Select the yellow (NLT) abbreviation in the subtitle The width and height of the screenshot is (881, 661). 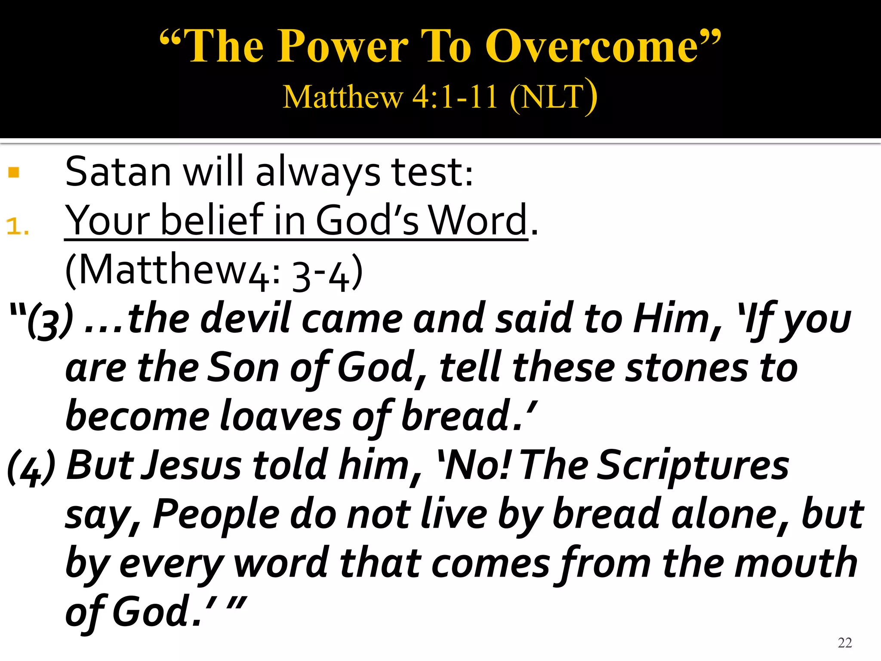553,96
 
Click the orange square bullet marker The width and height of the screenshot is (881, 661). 14,173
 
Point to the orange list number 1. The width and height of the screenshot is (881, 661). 17,226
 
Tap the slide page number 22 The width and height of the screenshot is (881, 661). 845,642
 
